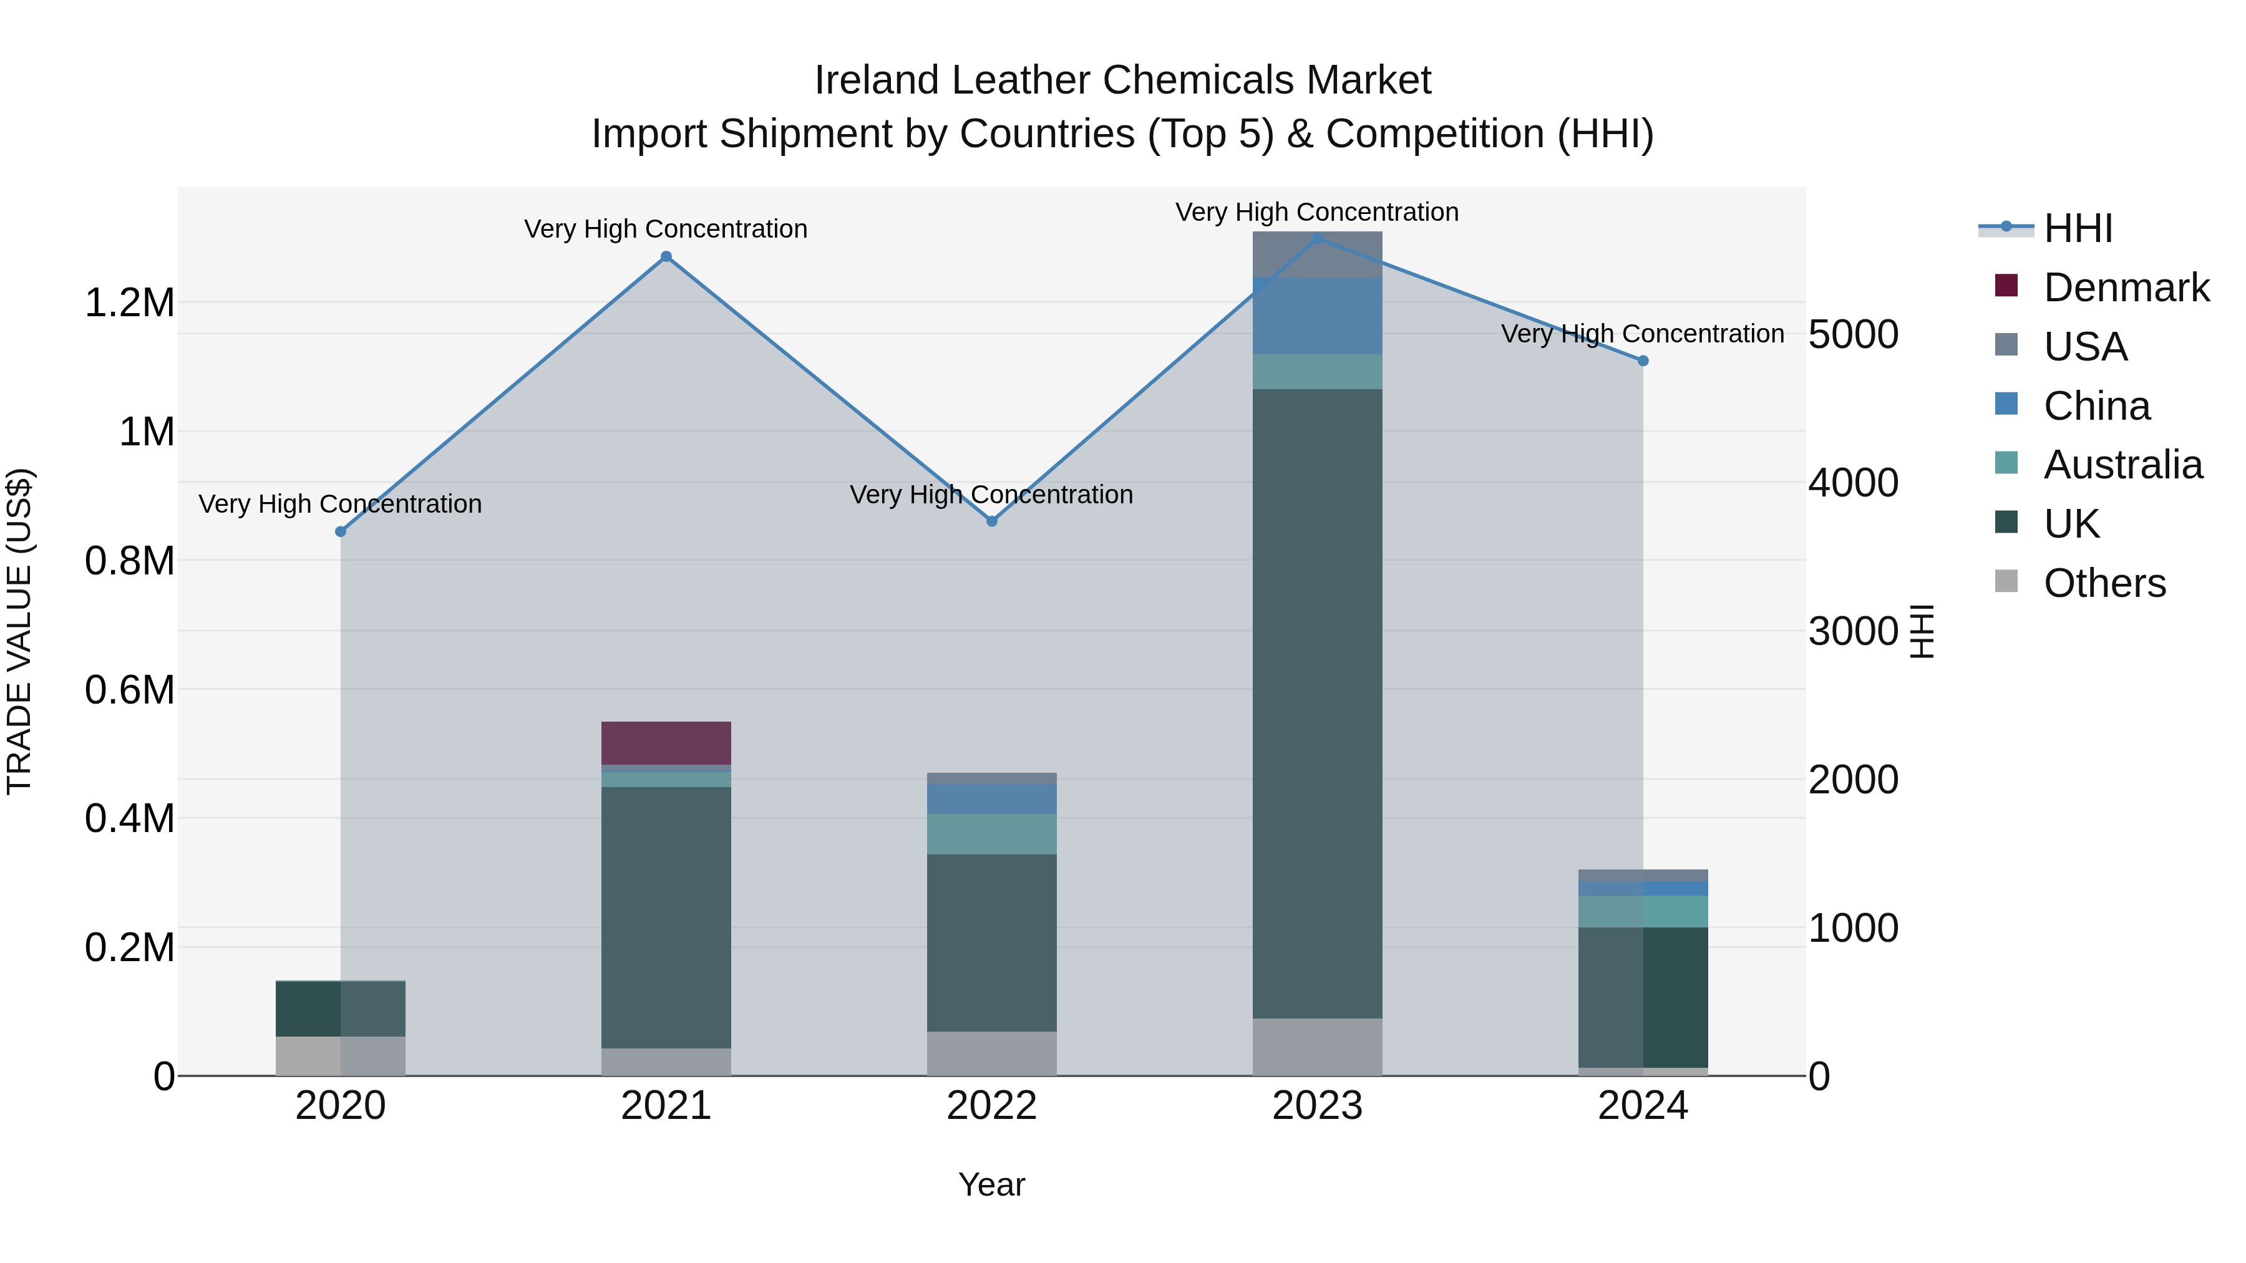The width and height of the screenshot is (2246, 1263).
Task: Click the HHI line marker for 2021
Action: (x=666, y=256)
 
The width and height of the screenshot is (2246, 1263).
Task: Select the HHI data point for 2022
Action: (x=991, y=521)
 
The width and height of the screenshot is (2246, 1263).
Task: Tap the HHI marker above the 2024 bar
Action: (x=1643, y=361)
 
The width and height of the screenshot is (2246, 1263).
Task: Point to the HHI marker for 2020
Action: (x=341, y=531)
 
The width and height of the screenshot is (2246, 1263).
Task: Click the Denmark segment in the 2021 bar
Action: (x=666, y=743)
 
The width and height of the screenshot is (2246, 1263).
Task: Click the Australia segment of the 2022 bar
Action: (x=991, y=833)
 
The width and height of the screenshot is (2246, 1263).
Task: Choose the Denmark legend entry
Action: (x=2126, y=288)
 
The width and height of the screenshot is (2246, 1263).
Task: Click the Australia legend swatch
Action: (x=2006, y=463)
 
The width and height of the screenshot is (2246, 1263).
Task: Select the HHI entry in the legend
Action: (x=2078, y=228)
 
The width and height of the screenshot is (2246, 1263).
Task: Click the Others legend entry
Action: (x=2104, y=583)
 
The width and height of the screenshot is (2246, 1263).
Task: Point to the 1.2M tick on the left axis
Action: (x=129, y=303)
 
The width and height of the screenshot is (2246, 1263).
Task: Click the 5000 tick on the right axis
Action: (x=1853, y=335)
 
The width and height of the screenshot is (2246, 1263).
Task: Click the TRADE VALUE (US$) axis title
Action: (x=19, y=631)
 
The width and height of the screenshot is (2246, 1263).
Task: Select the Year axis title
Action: (x=991, y=1184)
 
